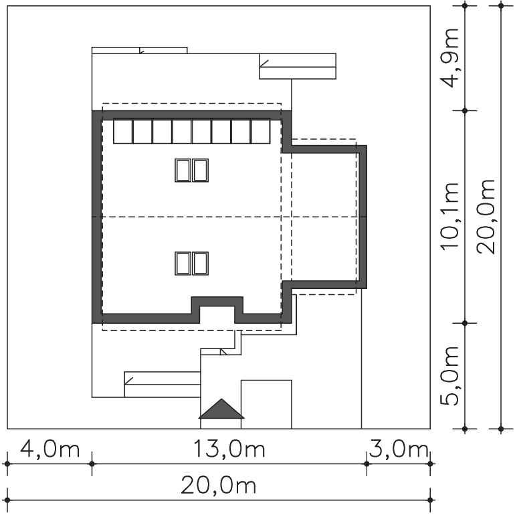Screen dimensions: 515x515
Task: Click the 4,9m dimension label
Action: coord(449,58)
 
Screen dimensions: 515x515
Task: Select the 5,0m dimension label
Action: coord(449,376)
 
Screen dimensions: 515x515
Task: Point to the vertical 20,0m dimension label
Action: coord(486,217)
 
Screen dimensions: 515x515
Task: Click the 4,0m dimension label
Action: coord(49,449)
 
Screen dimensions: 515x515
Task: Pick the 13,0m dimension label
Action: coord(229,449)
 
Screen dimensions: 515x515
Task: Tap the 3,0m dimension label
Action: coord(399,449)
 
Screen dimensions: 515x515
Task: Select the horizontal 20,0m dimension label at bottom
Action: coord(219,486)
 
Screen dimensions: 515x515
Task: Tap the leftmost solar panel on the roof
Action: coord(123,131)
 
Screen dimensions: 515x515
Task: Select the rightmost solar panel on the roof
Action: coord(260,131)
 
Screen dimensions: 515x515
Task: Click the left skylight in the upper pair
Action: coord(183,171)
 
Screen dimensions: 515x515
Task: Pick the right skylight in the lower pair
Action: coord(201,264)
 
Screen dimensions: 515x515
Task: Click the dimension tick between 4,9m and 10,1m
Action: coord(464,110)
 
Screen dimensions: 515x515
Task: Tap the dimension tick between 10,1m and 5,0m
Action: coord(464,323)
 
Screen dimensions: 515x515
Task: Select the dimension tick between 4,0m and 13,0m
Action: coord(92,463)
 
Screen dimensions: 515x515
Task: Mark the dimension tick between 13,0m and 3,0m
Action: coord(367,463)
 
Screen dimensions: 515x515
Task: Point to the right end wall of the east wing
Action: coord(363,217)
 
